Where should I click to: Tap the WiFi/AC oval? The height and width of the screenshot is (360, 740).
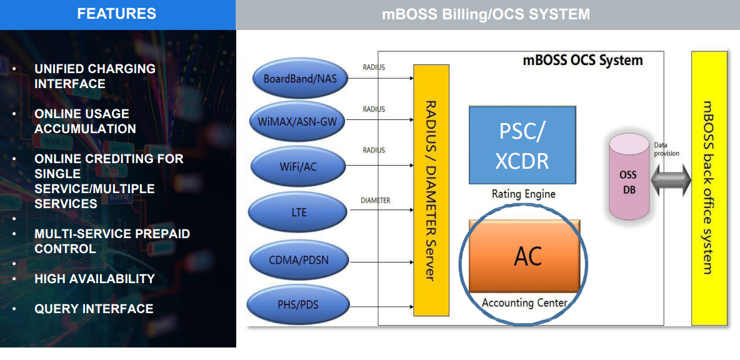click(299, 166)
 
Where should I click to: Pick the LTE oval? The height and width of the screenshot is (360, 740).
click(299, 212)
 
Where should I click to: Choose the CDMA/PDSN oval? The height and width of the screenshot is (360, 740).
click(299, 260)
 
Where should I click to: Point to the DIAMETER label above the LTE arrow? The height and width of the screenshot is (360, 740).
click(376, 201)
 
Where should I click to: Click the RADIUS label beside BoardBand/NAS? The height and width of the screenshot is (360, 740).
click(374, 67)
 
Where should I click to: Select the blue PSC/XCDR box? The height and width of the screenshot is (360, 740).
click(522, 144)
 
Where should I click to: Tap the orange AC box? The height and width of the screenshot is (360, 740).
click(525, 256)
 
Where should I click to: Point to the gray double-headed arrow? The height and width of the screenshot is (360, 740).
click(671, 181)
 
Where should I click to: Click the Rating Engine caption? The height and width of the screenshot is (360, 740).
click(523, 194)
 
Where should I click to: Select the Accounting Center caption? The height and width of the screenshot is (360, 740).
click(524, 303)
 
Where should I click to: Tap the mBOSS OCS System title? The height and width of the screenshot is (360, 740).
click(582, 61)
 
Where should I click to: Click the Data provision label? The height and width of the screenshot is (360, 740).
click(666, 149)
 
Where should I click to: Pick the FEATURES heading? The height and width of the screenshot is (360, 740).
click(117, 14)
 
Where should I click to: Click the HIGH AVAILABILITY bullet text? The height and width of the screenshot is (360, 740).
click(94, 279)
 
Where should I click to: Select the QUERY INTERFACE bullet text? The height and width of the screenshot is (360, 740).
click(94, 309)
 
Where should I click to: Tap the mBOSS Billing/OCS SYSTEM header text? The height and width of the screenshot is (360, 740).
click(486, 14)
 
